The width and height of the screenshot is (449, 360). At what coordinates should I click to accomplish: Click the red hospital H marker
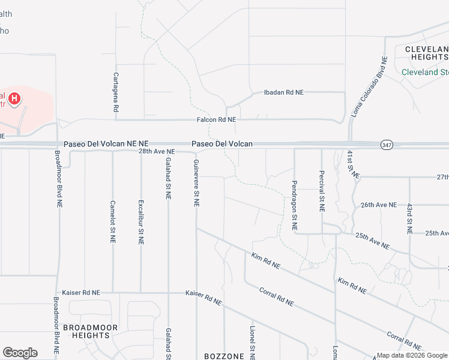pyautogui.click(x=15, y=98)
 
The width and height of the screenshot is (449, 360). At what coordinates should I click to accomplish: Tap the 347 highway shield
pyautogui.click(x=387, y=145)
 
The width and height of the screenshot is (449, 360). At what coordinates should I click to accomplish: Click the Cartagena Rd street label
pyautogui.click(x=116, y=93)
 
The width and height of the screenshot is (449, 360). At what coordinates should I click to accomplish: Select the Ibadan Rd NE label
pyautogui.click(x=284, y=92)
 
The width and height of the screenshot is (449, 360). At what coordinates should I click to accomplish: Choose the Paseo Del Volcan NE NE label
pyautogui.click(x=106, y=144)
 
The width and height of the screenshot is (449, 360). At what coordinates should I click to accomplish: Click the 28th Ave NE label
pyautogui.click(x=156, y=152)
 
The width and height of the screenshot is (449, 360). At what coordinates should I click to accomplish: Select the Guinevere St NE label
pyautogui.click(x=196, y=183)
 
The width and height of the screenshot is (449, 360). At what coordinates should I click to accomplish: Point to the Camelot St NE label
pyautogui.click(x=113, y=221)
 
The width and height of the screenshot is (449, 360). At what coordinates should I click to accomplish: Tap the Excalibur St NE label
pyautogui.click(x=141, y=221)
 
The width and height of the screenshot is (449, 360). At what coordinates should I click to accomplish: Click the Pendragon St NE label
pyautogui.click(x=294, y=205)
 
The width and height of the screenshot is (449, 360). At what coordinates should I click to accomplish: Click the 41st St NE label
pyautogui.click(x=352, y=165)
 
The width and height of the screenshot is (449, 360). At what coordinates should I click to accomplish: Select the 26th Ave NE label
pyautogui.click(x=379, y=205)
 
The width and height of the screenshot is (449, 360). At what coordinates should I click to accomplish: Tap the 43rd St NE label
pyautogui.click(x=409, y=218)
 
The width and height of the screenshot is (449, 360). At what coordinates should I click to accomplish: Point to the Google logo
pyautogui.click(x=20, y=353)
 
